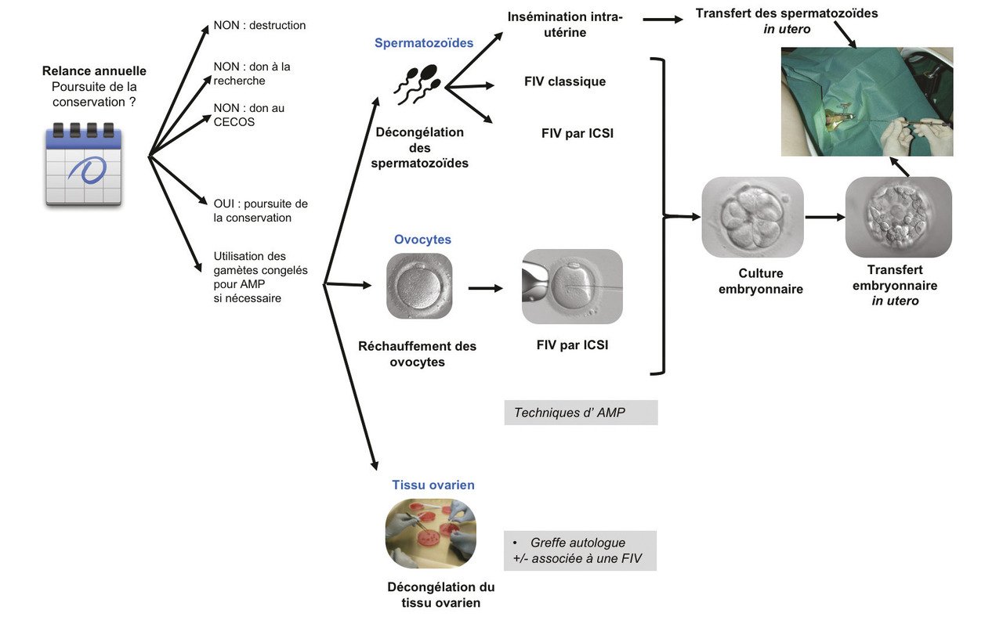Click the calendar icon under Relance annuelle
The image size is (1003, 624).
pyautogui.click(x=84, y=164)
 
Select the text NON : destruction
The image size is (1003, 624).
pyautogui.click(x=259, y=25)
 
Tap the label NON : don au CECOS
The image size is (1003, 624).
pyautogui.click(x=248, y=115)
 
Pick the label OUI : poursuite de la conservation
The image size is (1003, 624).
pyautogui.click(x=260, y=211)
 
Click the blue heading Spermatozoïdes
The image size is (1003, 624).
pyautogui.click(x=424, y=43)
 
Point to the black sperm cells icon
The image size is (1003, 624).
pyautogui.click(x=417, y=85)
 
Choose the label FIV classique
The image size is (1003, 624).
pyautogui.click(x=565, y=81)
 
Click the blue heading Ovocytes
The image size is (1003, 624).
pyautogui.click(x=422, y=240)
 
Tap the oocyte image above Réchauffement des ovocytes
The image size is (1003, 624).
pyautogui.click(x=419, y=286)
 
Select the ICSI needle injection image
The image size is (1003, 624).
pyautogui.click(x=572, y=287)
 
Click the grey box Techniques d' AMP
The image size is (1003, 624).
pyautogui.click(x=581, y=413)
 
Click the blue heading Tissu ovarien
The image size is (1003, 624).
pyautogui.click(x=433, y=485)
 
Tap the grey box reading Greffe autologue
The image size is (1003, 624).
pyautogui.click(x=580, y=551)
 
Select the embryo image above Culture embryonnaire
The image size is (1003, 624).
pyautogui.click(x=752, y=217)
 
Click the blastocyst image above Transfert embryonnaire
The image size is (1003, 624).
pyautogui.click(x=898, y=217)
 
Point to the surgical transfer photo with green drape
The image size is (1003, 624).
pyautogui.click(x=867, y=101)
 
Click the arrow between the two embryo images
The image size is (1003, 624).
pyautogui.click(x=824, y=217)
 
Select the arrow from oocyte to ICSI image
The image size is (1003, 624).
pyautogui.click(x=486, y=288)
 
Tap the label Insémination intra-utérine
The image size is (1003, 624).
pyautogui.click(x=565, y=24)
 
